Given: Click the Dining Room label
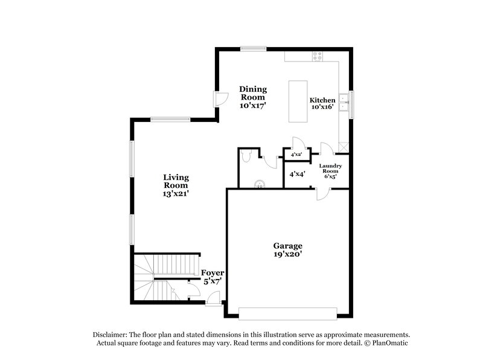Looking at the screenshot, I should pos(253,97).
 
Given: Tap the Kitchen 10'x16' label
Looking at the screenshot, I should pos(322,104).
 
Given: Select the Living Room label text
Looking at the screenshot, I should pos(176,185).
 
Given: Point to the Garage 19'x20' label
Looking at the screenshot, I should pos(287,251).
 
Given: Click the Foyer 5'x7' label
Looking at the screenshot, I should pos(213,277).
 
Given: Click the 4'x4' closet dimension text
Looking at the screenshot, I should pos(297,174).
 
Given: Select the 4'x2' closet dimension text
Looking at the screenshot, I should pos(296,155).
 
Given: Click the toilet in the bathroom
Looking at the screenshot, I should pos(246,156).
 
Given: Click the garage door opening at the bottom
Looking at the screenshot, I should pos(287,313).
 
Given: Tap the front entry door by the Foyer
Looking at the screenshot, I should pos(213,300).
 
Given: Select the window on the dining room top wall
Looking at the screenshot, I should pos(252,48).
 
